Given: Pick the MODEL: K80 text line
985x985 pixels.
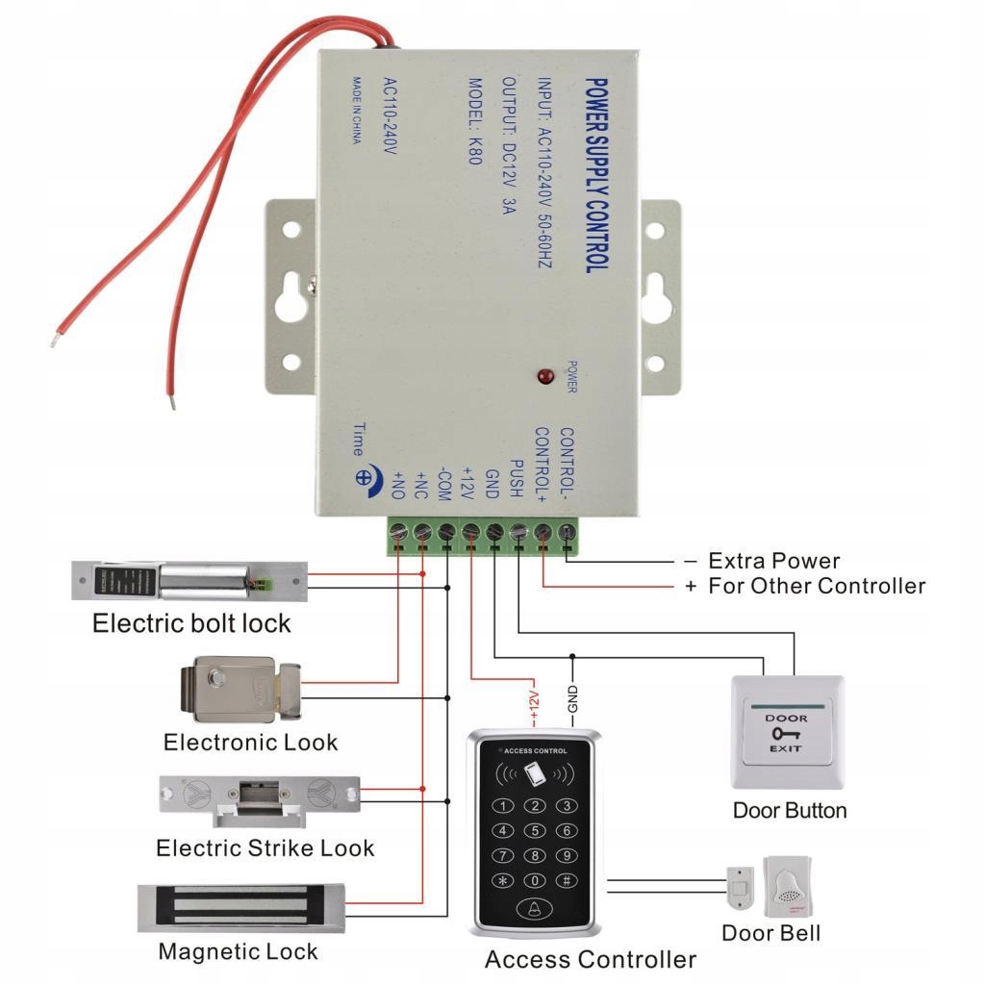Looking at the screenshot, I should (473, 121).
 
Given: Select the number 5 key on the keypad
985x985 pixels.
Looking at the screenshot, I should (535, 831).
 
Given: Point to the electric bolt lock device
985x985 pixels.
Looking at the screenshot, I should (189, 581).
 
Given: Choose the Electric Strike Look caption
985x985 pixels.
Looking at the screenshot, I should (265, 848).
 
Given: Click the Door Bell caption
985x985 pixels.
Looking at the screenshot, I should (771, 933).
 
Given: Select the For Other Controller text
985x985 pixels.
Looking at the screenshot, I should (817, 586).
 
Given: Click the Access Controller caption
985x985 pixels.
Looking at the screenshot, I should (590, 959).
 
